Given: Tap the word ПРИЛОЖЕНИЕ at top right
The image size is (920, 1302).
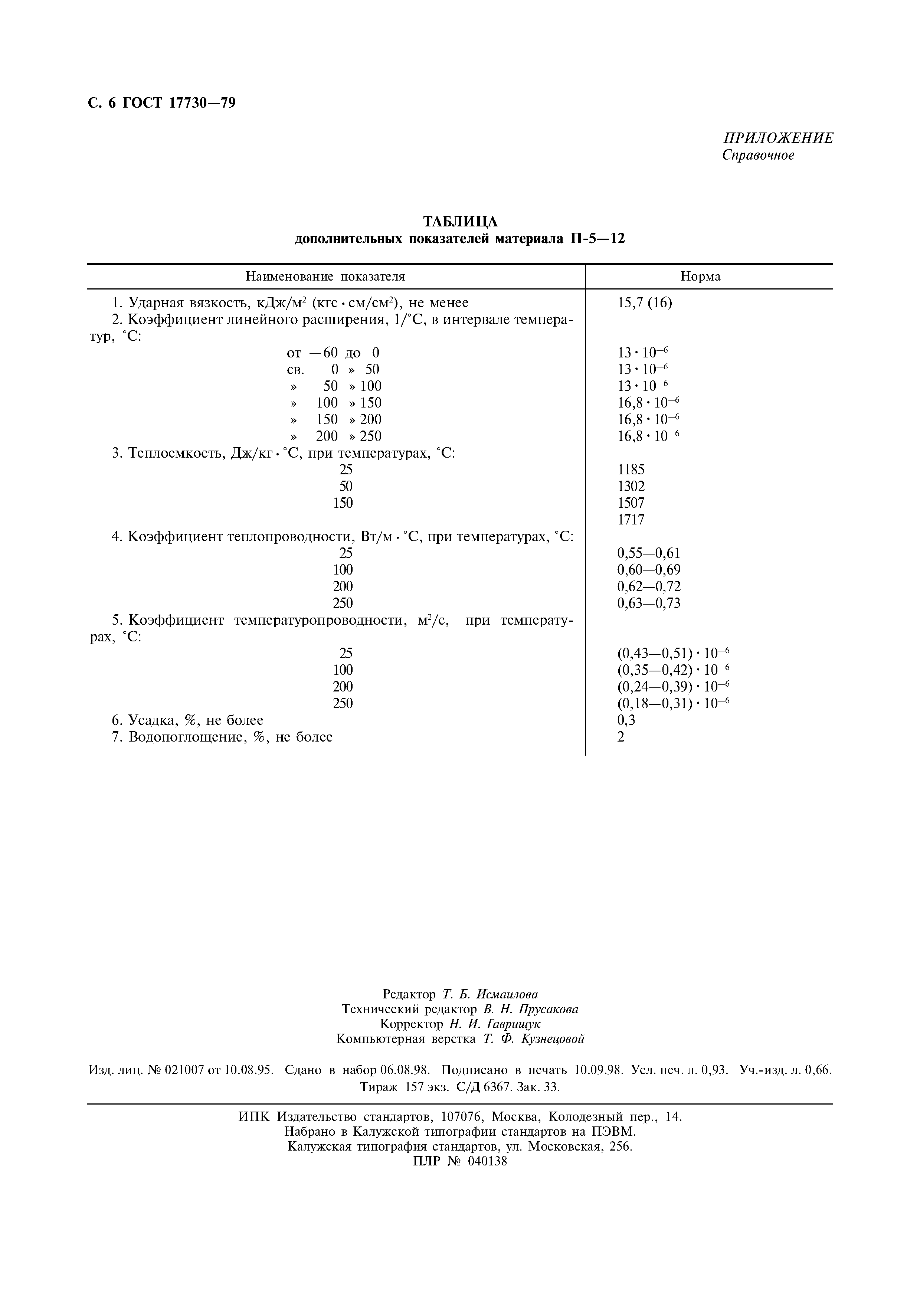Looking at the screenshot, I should coord(778,138).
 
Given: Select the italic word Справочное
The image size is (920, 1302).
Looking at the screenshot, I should coord(758,155).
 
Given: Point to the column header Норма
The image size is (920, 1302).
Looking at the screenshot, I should coord(701,277).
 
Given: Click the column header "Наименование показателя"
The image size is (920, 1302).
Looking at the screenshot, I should coord(325,277).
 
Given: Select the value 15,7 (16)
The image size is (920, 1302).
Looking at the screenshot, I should coord(645,303).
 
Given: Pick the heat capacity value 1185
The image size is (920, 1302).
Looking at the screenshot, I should coord(631,470).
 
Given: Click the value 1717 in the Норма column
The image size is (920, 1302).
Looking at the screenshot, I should coord(631,520).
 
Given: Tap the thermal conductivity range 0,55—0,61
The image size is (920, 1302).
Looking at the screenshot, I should coord(648,553).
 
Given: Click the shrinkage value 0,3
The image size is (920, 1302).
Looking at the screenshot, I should coord(626,720).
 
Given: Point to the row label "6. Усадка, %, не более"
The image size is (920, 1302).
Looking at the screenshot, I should coord(188,720).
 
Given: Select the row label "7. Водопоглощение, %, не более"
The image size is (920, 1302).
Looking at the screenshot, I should coord(222,737).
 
